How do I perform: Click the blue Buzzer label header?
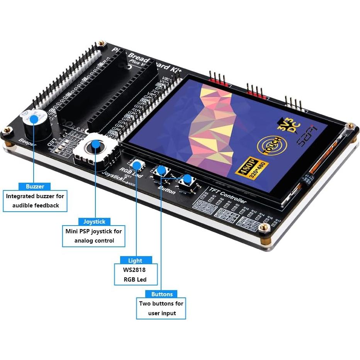coord(35,186)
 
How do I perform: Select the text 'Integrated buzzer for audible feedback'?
coord(35,201)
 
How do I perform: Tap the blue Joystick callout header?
coord(94,221)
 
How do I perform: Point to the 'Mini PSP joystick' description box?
coord(94,236)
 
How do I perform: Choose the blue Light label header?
coord(135,260)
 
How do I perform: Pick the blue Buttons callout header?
coord(162,294)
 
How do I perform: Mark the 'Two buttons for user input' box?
coord(161,308)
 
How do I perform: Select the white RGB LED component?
coord(136,165)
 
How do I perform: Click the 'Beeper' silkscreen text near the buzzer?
coord(27,143)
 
